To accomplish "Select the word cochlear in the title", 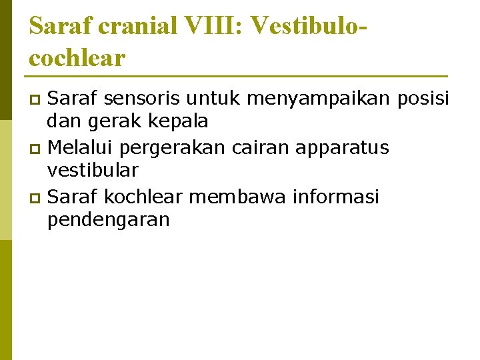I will click(77, 57).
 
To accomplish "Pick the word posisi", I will click(423, 99).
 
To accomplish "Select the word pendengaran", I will click(109, 221).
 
